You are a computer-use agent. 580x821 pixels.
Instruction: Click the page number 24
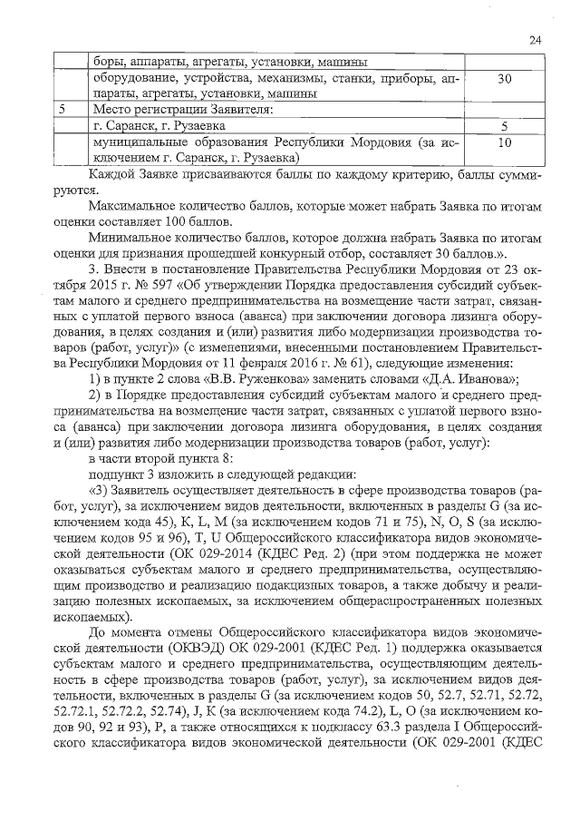(535, 40)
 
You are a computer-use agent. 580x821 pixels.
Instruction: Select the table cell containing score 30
(505, 79)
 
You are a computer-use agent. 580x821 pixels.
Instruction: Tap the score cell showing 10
(505, 142)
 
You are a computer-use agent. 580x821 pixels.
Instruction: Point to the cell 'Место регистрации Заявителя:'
(177, 111)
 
